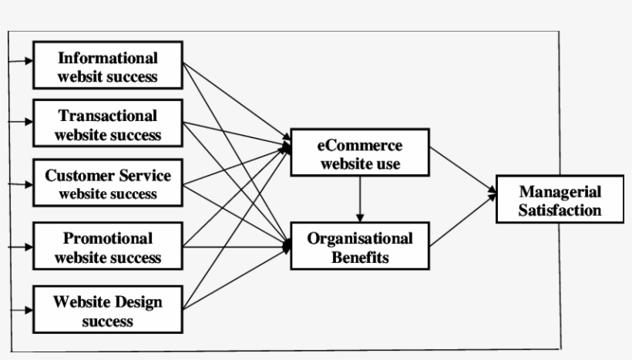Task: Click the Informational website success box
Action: [108, 66]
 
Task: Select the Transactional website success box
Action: [108, 124]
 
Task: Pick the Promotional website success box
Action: [108, 247]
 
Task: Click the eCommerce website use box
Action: [359, 153]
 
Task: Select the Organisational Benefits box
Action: [359, 247]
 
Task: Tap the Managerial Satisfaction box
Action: [560, 200]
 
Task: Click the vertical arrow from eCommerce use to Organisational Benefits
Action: [360, 199]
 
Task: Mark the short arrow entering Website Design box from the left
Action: [20, 310]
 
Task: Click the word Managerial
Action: [560, 191]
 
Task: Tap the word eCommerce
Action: [360, 145]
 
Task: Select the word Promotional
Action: [108, 238]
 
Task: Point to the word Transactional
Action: [108, 116]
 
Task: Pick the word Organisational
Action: [360, 238]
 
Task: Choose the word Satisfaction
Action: [560, 210]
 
